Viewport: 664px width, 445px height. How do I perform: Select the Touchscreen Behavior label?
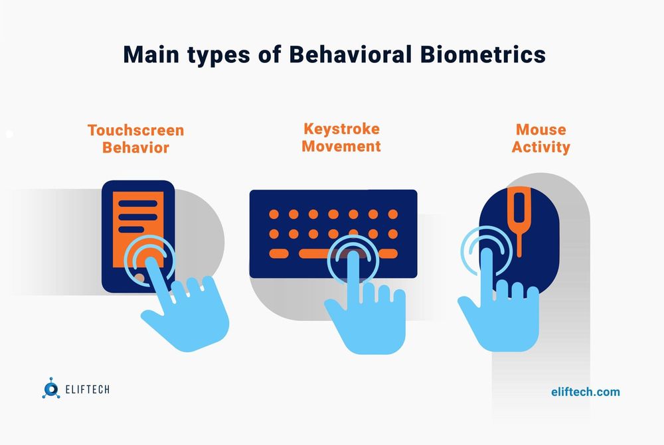(135, 138)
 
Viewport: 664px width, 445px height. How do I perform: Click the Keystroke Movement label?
(341, 137)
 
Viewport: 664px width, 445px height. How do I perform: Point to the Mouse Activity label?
(540, 138)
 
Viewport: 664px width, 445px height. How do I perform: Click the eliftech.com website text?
(585, 391)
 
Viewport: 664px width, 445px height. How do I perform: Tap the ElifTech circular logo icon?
(50, 390)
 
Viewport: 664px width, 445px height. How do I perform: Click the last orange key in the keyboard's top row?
(393, 214)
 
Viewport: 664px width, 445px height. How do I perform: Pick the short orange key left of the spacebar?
(279, 253)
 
